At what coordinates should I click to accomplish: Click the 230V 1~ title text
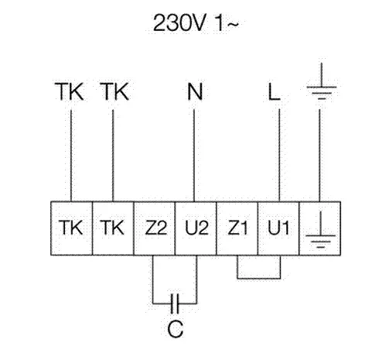click(196, 22)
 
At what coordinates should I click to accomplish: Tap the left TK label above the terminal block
click(70, 91)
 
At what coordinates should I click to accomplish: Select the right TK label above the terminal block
click(114, 91)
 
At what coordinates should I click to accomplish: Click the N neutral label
click(195, 91)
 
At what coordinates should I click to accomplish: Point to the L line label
click(274, 91)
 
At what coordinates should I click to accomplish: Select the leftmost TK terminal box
click(71, 228)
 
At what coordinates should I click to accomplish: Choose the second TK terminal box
click(113, 228)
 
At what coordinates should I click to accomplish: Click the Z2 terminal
click(155, 228)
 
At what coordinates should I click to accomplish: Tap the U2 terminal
click(196, 228)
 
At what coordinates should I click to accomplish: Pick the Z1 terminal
click(237, 228)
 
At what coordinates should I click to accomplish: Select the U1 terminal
click(278, 228)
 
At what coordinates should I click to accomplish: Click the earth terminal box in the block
click(320, 228)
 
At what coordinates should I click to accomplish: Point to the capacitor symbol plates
click(175, 303)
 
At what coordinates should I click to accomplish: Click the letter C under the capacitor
click(176, 329)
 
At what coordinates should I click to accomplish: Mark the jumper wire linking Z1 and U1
click(258, 279)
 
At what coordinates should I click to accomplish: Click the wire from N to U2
click(194, 155)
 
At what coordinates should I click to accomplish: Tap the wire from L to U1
click(279, 155)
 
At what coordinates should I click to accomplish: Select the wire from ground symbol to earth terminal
click(319, 155)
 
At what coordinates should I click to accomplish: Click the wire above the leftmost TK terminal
click(71, 156)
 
